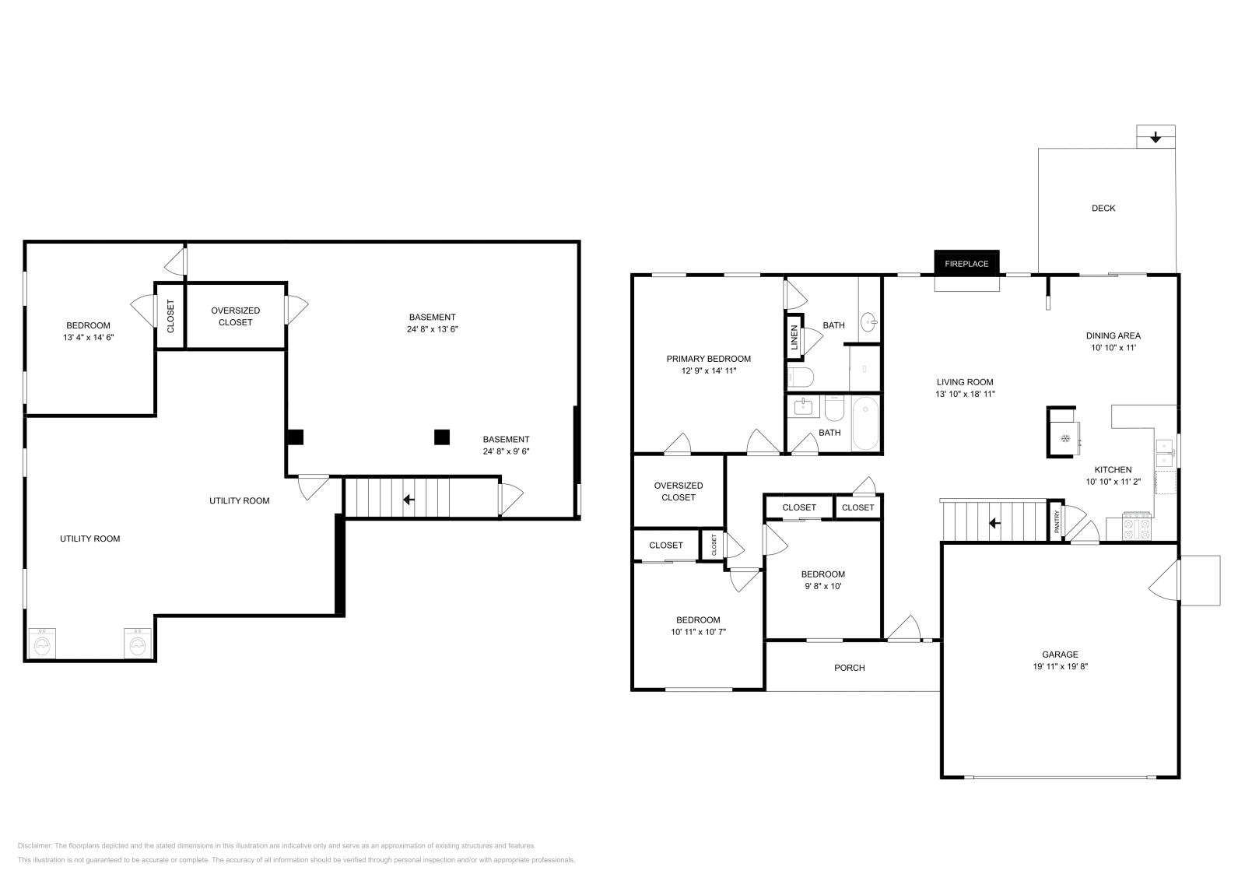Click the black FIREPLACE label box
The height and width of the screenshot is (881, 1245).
(966, 264)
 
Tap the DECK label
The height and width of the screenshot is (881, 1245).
(1103, 208)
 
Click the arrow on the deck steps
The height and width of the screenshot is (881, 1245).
(1156, 137)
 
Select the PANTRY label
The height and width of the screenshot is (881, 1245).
(1057, 521)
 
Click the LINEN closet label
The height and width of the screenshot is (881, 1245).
(794, 338)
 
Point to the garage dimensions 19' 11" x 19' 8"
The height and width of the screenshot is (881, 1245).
(1061, 666)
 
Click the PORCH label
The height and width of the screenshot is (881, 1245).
(849, 668)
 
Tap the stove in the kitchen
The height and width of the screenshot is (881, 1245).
(1137, 526)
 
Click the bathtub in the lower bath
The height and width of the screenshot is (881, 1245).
(865, 423)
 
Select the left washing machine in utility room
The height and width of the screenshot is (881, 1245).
(42, 644)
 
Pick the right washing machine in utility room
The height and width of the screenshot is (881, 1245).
(138, 644)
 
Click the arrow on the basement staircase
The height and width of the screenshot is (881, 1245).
(409, 500)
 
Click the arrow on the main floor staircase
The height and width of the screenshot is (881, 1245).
(995, 523)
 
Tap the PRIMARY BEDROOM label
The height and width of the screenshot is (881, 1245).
(709, 359)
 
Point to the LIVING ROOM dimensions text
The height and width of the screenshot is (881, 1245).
(965, 394)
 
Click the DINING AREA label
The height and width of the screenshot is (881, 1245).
(1113, 335)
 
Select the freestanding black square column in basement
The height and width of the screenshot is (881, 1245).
(442, 437)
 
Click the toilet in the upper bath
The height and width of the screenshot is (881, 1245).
(801, 377)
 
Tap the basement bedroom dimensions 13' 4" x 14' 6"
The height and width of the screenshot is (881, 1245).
(89, 338)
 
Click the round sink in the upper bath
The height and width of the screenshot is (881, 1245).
(868, 322)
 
